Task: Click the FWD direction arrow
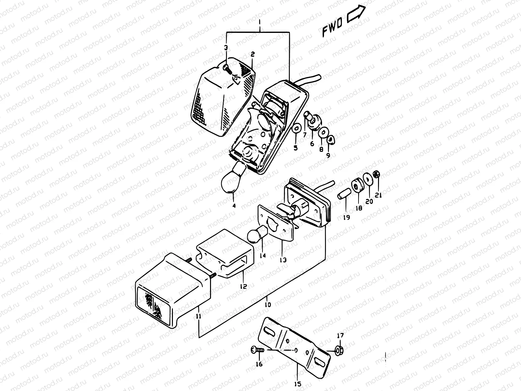click(x=356, y=15)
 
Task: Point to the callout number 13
click(x=283, y=260)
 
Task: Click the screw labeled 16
click(x=257, y=350)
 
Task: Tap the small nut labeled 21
click(x=376, y=175)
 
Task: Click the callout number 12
click(x=243, y=286)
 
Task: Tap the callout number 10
click(x=268, y=305)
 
